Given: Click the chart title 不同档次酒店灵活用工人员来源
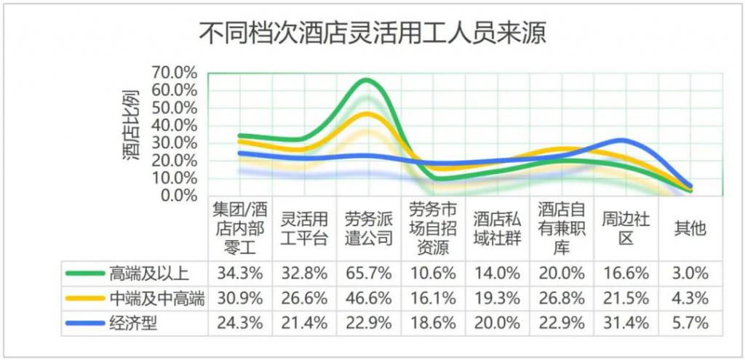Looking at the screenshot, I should (372, 33).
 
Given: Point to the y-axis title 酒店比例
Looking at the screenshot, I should (132, 125).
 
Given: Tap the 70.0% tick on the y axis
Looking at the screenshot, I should (175, 72).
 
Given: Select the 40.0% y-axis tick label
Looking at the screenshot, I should (175, 125).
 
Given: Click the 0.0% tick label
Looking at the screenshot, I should (178, 195).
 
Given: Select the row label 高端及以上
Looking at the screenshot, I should (149, 273).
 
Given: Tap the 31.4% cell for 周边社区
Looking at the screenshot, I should (626, 323).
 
